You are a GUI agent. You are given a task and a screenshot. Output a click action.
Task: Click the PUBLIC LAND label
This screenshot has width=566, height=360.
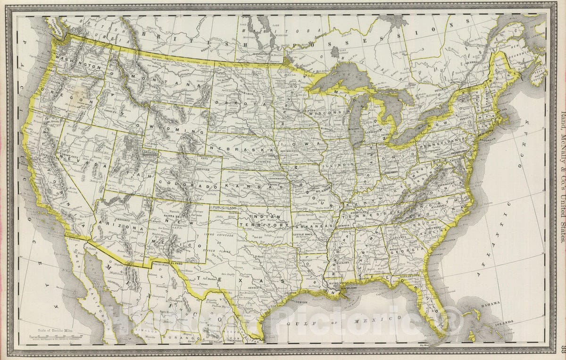coord(223,208)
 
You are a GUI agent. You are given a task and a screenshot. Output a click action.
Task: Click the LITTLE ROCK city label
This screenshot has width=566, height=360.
coord(303,234)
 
